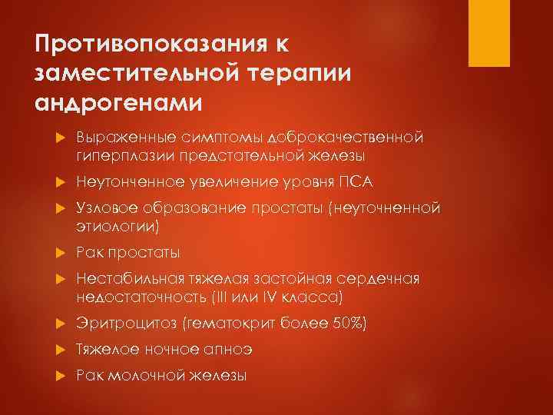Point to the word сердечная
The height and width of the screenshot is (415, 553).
click(382, 279)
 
